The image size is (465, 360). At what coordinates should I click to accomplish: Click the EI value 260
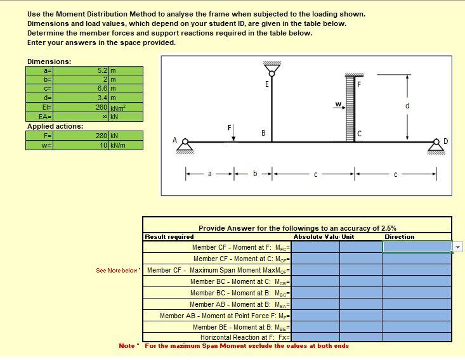coord(102,107)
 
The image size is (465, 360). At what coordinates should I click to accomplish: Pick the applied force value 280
coord(102,136)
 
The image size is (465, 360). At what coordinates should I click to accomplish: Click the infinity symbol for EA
coord(105,117)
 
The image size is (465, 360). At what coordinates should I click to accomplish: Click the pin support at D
coord(436,146)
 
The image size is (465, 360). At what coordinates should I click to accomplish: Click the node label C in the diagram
coord(359,132)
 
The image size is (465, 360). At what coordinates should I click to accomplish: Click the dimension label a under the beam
coord(209,172)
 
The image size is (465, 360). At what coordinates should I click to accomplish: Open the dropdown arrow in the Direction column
coord(458,247)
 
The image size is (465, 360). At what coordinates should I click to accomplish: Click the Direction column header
coord(399,237)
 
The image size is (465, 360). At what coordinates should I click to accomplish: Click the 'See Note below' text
coord(117,271)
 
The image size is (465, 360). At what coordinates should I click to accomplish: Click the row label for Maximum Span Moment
coord(218,270)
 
